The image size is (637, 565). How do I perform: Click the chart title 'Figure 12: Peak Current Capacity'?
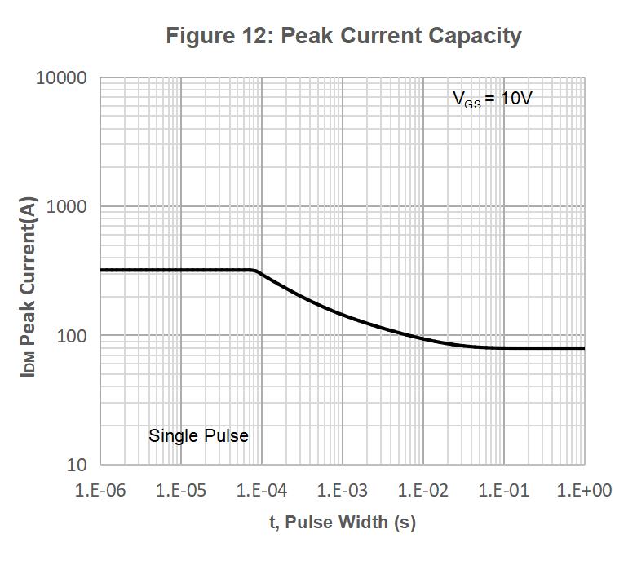click(x=343, y=36)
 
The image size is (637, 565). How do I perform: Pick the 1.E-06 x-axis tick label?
click(x=100, y=490)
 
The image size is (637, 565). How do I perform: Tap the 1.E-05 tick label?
click(x=180, y=490)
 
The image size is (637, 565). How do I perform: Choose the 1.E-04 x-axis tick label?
click(x=261, y=490)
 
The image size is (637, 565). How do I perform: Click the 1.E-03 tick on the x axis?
click(x=342, y=490)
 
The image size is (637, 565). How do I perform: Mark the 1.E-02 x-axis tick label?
click(x=422, y=490)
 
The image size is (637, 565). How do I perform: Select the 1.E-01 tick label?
click(x=503, y=490)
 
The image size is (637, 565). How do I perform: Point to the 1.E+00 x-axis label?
click(x=584, y=490)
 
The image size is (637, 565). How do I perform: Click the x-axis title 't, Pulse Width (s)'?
click(x=343, y=523)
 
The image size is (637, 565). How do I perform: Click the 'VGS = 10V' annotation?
click(x=493, y=99)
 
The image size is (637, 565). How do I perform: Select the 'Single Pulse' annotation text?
click(x=198, y=436)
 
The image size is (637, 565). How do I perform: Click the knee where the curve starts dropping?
click(x=256, y=271)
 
